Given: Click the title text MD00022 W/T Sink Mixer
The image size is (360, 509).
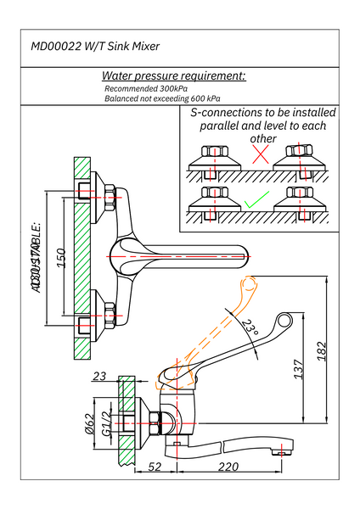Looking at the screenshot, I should click(x=95, y=48).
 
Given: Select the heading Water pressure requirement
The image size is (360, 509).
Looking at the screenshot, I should click(x=173, y=76).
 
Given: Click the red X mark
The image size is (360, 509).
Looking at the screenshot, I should click(x=262, y=156).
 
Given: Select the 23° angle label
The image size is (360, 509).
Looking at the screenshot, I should click(x=249, y=327).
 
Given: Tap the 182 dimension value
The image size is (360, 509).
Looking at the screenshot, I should click(x=320, y=350).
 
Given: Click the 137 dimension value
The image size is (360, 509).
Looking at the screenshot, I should click(x=298, y=371).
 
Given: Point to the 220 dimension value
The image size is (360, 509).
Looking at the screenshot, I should click(x=228, y=466).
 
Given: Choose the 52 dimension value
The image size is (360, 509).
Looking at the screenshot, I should click(x=155, y=466).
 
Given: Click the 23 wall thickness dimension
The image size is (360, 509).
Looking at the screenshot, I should click(x=98, y=377).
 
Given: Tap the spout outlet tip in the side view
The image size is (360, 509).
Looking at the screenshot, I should click(x=280, y=450).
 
